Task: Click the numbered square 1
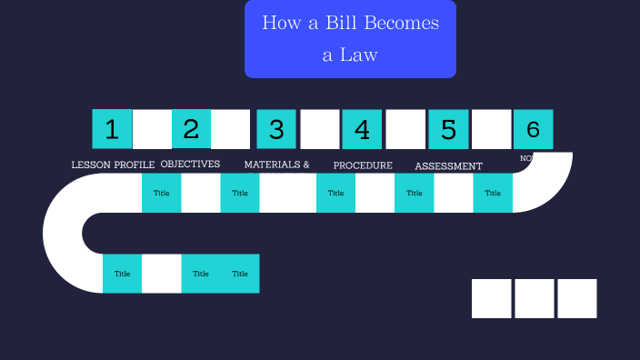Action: point(112,129)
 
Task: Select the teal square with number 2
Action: point(191,129)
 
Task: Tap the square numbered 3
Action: point(276,129)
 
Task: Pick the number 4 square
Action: point(362,129)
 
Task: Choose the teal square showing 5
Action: point(448,129)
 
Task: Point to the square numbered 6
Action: point(533,129)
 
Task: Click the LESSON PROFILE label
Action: point(113,165)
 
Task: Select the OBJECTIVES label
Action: point(190,165)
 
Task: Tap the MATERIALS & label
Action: point(276,165)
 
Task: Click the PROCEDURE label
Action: point(363,165)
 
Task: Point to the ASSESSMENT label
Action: point(448,166)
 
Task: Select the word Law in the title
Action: point(360,55)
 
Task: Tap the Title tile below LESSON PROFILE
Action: point(161,193)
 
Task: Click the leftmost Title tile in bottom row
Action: point(122,274)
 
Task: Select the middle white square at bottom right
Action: point(535,298)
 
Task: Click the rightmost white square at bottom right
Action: point(577,298)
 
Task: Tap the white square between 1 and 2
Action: point(152,129)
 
